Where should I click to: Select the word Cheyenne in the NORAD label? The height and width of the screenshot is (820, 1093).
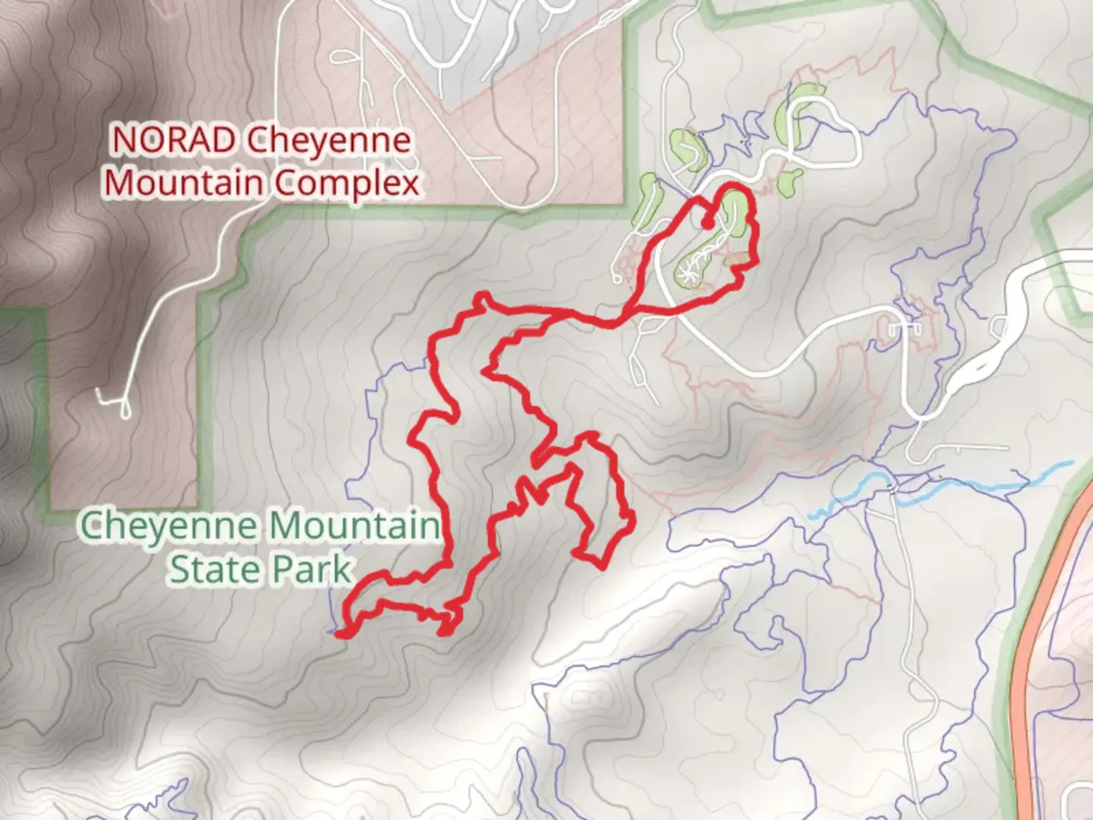[x=329, y=140]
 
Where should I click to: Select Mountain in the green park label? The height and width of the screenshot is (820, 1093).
[x=354, y=525]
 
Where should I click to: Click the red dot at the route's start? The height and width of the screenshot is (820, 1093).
[x=707, y=224]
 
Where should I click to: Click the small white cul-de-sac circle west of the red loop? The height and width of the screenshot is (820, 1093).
[x=618, y=278]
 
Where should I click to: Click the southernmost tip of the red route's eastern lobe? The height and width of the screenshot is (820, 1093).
[x=601, y=566]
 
